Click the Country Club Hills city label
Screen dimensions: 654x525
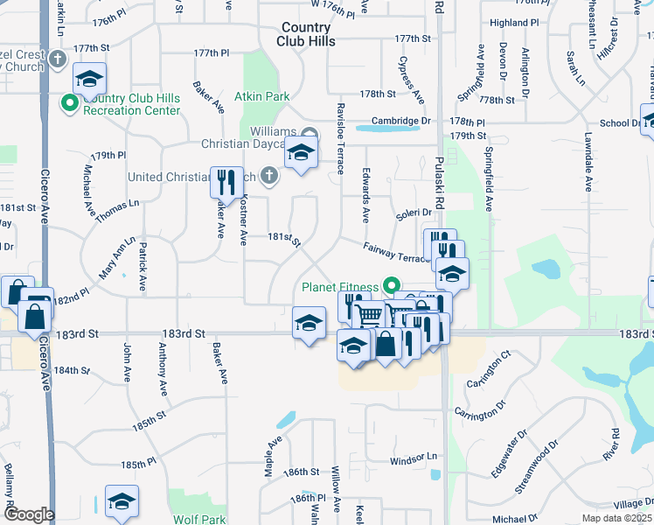click(306, 34)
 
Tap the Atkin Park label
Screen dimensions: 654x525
click(265, 96)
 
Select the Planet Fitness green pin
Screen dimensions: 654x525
click(392, 285)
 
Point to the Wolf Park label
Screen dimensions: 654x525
click(199, 519)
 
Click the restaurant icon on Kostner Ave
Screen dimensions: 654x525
click(226, 183)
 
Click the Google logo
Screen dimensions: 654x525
click(29, 514)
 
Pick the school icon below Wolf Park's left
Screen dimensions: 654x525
click(122, 501)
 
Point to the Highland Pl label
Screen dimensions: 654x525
click(514, 23)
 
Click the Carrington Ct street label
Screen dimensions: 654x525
click(488, 368)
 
